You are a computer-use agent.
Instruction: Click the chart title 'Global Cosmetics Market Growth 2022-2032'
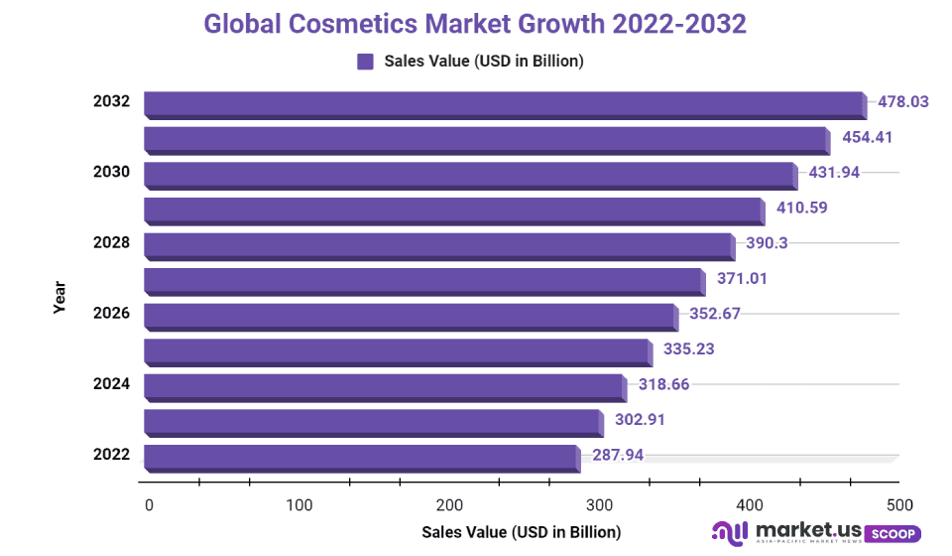(475, 24)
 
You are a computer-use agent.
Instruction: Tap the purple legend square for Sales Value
(365, 62)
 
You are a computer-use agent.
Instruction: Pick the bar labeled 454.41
(486, 138)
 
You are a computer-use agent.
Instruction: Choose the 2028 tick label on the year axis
(111, 243)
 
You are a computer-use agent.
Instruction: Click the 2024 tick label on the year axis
(111, 384)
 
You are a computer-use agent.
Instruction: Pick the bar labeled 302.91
(372, 421)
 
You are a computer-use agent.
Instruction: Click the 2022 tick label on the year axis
(111, 455)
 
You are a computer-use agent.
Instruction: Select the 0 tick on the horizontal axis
(149, 503)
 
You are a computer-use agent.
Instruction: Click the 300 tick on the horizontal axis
(599, 503)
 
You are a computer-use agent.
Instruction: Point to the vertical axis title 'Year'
(59, 298)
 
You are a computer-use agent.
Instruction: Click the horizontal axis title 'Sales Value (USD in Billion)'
(521, 532)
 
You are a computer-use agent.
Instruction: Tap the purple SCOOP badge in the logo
(892, 533)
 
